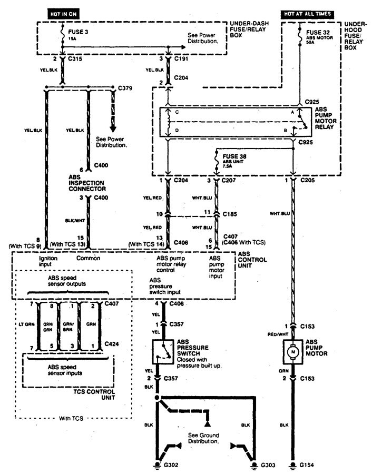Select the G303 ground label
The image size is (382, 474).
[267, 466]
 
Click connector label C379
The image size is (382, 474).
[125, 87]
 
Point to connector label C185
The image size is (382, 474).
[230, 215]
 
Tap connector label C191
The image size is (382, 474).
[182, 60]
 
